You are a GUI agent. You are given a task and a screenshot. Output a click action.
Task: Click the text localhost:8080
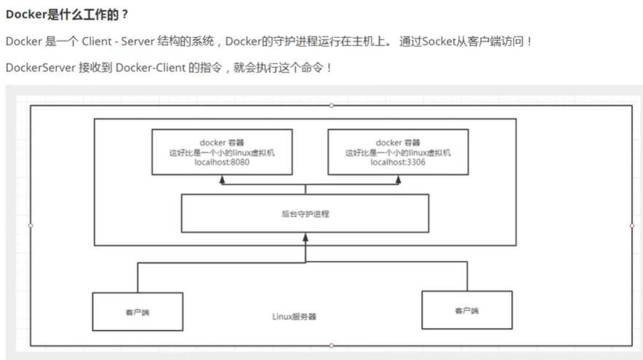click(x=222, y=163)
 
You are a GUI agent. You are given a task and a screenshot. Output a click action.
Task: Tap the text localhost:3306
click(x=398, y=163)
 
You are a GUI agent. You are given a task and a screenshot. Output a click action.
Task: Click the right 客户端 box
click(x=467, y=310)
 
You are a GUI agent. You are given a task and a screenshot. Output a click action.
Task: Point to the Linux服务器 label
click(x=294, y=317)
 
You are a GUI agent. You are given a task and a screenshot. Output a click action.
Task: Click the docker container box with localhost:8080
click(x=222, y=152)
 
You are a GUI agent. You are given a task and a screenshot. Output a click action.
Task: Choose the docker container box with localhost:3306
click(x=398, y=152)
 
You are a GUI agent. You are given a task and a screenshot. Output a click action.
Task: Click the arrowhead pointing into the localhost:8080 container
click(x=222, y=178)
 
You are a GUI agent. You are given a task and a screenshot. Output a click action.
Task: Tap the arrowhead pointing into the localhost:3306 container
click(x=398, y=178)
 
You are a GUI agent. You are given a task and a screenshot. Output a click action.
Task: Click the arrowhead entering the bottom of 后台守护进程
click(x=306, y=235)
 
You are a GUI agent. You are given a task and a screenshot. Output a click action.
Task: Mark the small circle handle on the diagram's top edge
click(x=331, y=106)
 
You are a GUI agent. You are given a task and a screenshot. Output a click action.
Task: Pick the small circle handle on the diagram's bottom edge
click(x=331, y=345)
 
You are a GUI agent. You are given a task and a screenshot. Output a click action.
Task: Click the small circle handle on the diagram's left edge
click(x=31, y=225)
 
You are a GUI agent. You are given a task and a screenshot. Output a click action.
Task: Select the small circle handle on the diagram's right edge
click(x=631, y=225)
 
